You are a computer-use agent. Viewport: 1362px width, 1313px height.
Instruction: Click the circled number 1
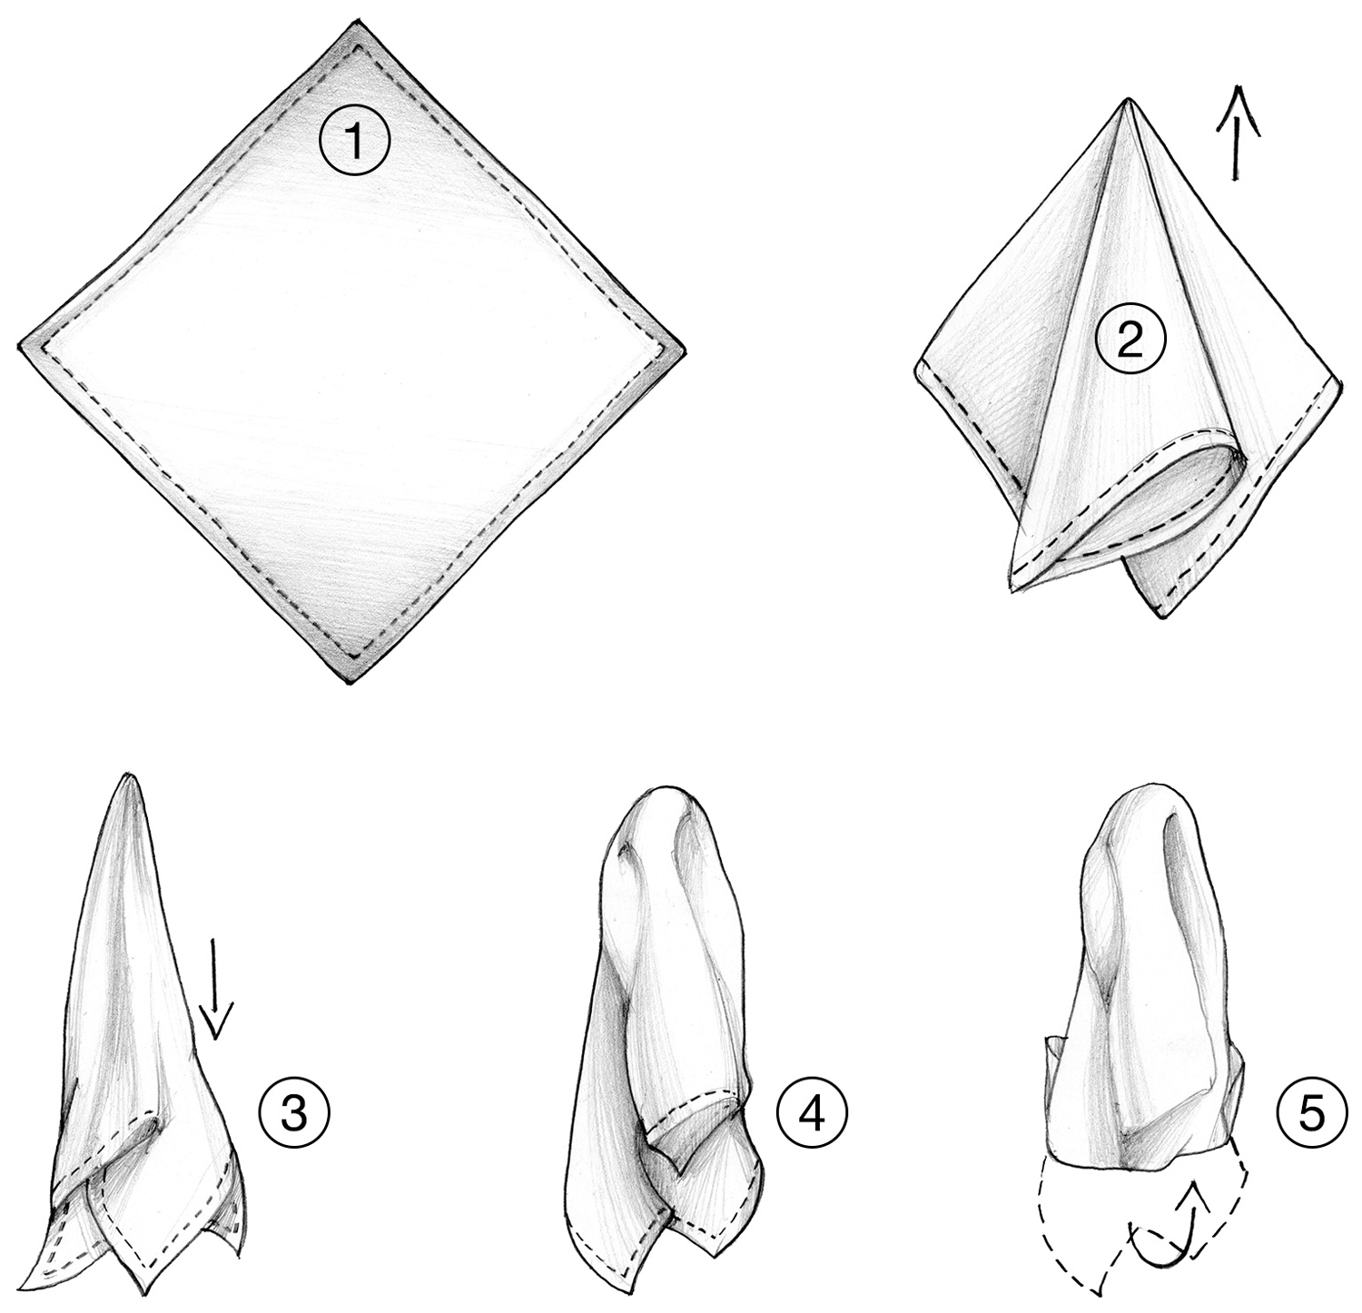354,143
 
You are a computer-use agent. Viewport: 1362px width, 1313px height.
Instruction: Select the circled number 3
292,1113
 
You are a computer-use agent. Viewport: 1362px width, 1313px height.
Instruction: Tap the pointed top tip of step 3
132,776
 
